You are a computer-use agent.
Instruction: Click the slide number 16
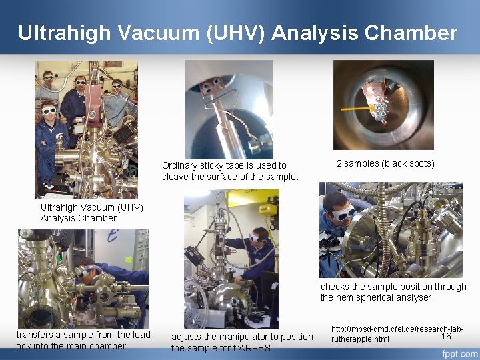pyautogui.click(x=446, y=336)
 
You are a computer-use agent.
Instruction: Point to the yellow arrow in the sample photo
pyautogui.click(x=365, y=106)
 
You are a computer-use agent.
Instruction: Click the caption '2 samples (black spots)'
pyautogui.click(x=385, y=163)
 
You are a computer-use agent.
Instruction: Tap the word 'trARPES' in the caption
pyautogui.click(x=255, y=347)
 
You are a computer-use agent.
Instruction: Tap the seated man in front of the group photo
pyautogui.click(x=50, y=133)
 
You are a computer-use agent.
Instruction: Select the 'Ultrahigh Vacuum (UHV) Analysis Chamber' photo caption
pyautogui.click(x=91, y=213)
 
